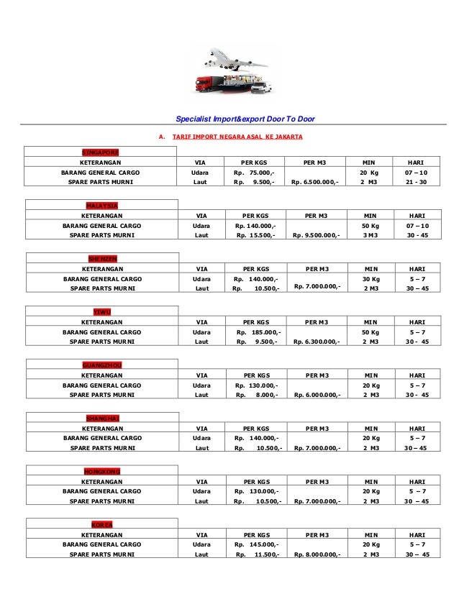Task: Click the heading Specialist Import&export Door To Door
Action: click(245, 119)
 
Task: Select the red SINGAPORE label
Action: click(101, 152)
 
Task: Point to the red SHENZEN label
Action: click(101, 257)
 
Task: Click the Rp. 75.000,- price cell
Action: click(255, 173)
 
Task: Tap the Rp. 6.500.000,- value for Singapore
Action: click(316, 183)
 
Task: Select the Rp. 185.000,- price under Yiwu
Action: click(256, 332)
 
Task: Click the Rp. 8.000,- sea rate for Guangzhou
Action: click(256, 395)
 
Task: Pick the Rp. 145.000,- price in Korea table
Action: click(256, 545)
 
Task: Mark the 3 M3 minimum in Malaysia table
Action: click(371, 235)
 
